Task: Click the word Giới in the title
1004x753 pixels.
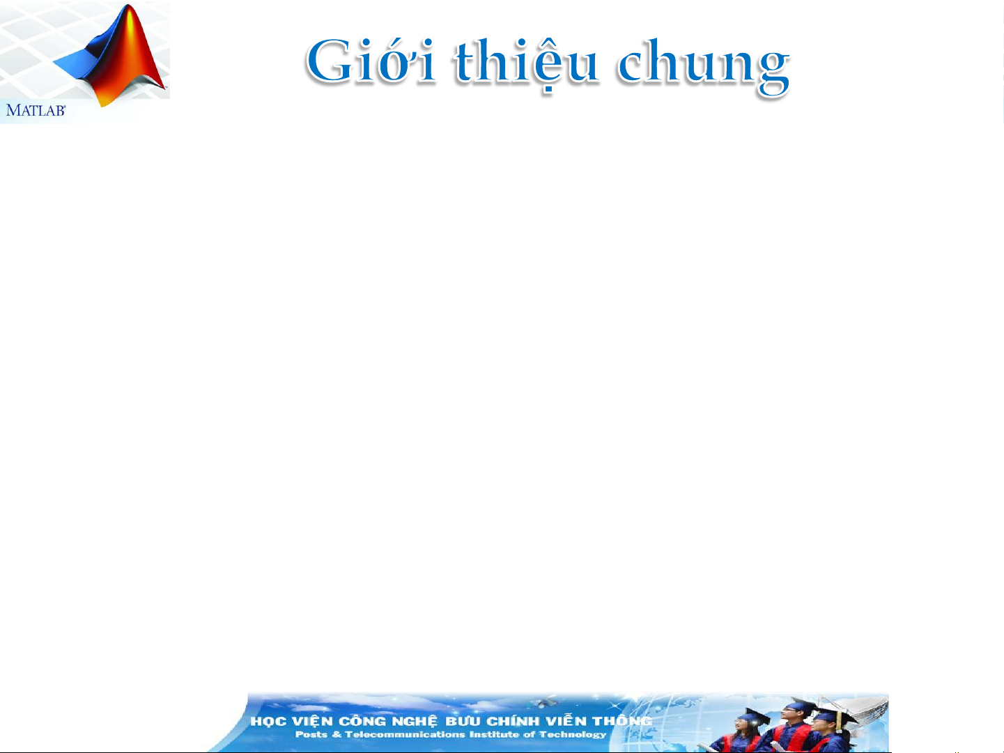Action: (371, 61)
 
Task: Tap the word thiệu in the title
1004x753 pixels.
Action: (526, 65)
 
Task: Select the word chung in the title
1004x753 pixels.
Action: (704, 67)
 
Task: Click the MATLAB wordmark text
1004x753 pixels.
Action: (36, 110)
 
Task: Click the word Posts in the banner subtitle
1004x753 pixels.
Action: (311, 734)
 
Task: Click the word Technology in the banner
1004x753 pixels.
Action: (572, 735)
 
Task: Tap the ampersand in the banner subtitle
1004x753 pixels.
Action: (337, 734)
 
